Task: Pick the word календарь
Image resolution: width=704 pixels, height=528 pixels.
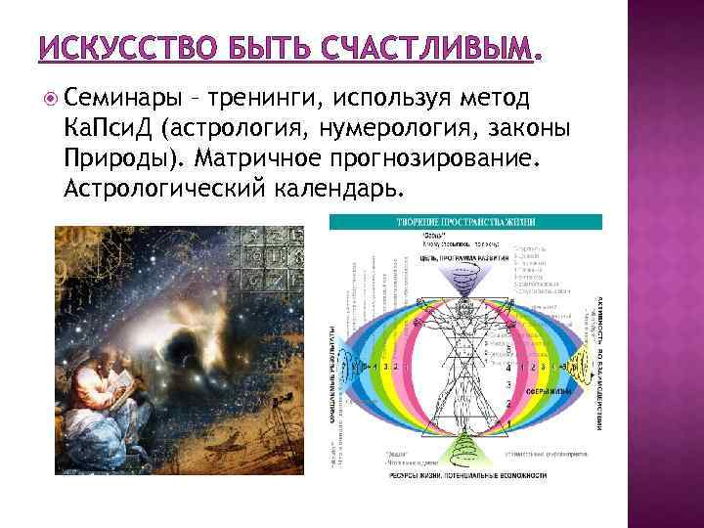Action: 338,187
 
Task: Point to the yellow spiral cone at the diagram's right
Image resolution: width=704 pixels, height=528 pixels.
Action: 581,362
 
